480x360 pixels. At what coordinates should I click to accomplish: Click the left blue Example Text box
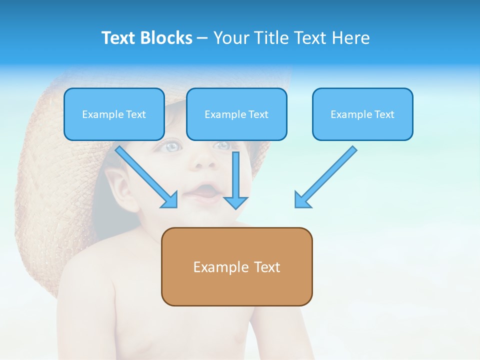point(114,114)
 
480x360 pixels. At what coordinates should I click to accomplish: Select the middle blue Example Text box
point(236,114)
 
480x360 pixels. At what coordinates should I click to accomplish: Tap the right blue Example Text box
point(362,114)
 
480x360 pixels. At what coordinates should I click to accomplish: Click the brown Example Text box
point(236,266)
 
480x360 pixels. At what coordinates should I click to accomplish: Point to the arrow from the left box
point(145,176)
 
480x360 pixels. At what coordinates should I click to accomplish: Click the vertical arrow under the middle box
point(235,180)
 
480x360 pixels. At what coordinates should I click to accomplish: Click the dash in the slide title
point(202,38)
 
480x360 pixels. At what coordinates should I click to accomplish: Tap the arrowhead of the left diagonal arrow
point(170,200)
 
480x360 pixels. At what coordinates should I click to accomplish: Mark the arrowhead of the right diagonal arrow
point(302,200)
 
